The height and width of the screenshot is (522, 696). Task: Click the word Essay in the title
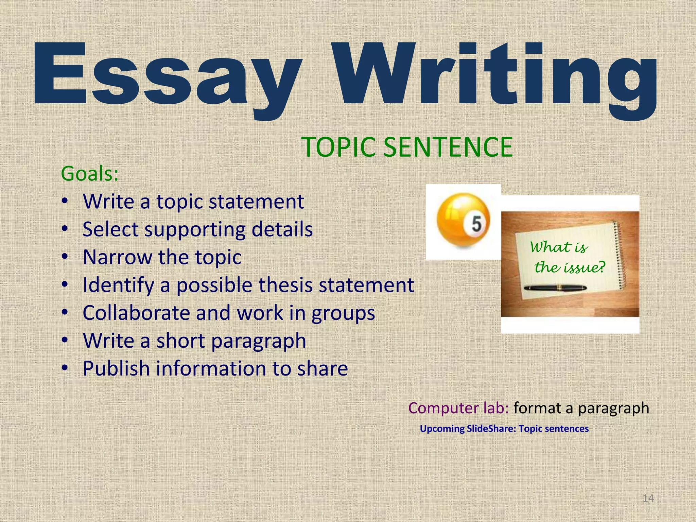(167, 73)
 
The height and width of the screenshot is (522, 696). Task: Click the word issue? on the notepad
(584, 267)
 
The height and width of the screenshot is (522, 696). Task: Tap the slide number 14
(648, 498)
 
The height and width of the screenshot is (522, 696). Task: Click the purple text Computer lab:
(458, 408)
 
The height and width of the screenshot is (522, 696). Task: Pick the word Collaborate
(136, 313)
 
